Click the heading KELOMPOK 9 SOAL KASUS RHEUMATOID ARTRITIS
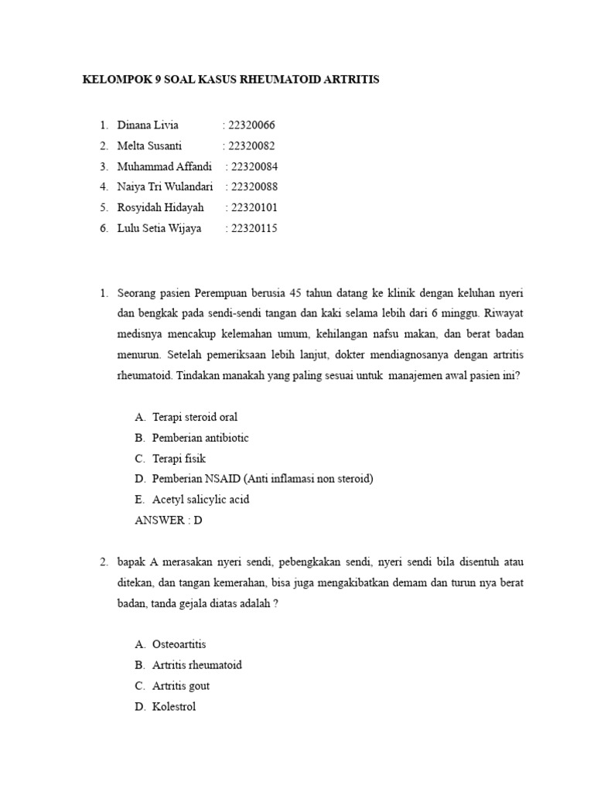[230, 80]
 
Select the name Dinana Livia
[148, 125]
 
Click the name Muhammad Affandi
[164, 166]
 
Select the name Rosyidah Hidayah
[161, 208]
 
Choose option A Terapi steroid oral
[194, 417]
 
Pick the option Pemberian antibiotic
[200, 438]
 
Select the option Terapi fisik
[179, 459]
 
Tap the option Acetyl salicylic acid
[200, 500]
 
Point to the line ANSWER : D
[168, 521]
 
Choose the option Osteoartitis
[179, 644]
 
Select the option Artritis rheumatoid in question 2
[196, 665]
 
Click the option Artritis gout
[181, 686]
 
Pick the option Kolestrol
[174, 706]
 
